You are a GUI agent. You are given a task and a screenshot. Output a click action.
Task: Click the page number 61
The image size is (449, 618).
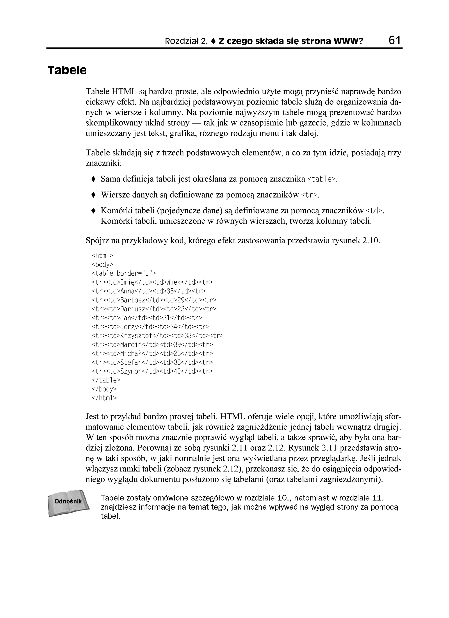[x=395, y=40]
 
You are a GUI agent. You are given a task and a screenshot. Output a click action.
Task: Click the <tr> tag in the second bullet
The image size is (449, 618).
[x=309, y=195]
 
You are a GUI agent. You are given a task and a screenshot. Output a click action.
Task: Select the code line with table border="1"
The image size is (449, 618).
[x=124, y=273]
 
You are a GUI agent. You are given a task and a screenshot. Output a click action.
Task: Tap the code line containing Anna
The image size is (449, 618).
[x=149, y=291]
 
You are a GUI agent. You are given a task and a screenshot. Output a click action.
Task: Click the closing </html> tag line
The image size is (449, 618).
[x=104, y=398]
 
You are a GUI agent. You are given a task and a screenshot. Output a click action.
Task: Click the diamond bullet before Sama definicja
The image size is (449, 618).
[x=93, y=179]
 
